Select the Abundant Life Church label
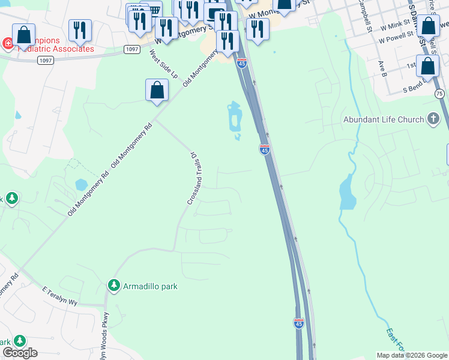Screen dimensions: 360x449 (x=383, y=119)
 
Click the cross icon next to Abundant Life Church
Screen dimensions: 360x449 (x=433, y=119)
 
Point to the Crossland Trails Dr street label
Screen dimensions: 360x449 (x=193, y=178)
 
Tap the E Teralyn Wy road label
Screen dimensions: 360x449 (x=60, y=296)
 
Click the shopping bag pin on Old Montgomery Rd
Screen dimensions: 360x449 (x=157, y=91)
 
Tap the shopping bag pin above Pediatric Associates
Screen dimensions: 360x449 (x=23, y=35)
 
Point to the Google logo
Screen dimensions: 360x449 (x=20, y=353)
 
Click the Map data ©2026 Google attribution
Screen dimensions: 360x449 (x=411, y=355)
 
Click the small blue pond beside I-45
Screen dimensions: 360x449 (x=234, y=118)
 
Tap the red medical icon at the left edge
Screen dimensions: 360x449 (x=7, y=43)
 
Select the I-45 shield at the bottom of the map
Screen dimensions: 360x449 (x=299, y=323)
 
